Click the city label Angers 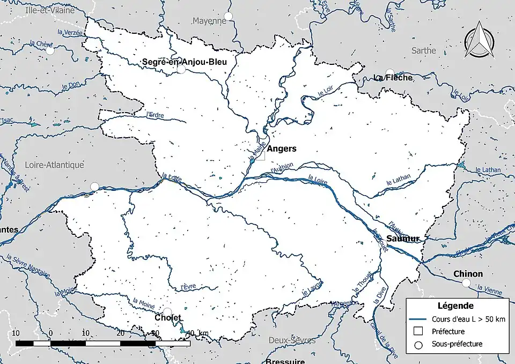[281, 148]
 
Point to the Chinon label [468, 274]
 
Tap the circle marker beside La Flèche [389, 72]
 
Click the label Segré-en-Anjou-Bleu [184, 62]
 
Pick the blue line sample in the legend [419, 319]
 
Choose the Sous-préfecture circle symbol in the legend [419, 345]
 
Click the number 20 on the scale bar [121, 333]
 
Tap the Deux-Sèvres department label [288, 339]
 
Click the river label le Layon [312, 287]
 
